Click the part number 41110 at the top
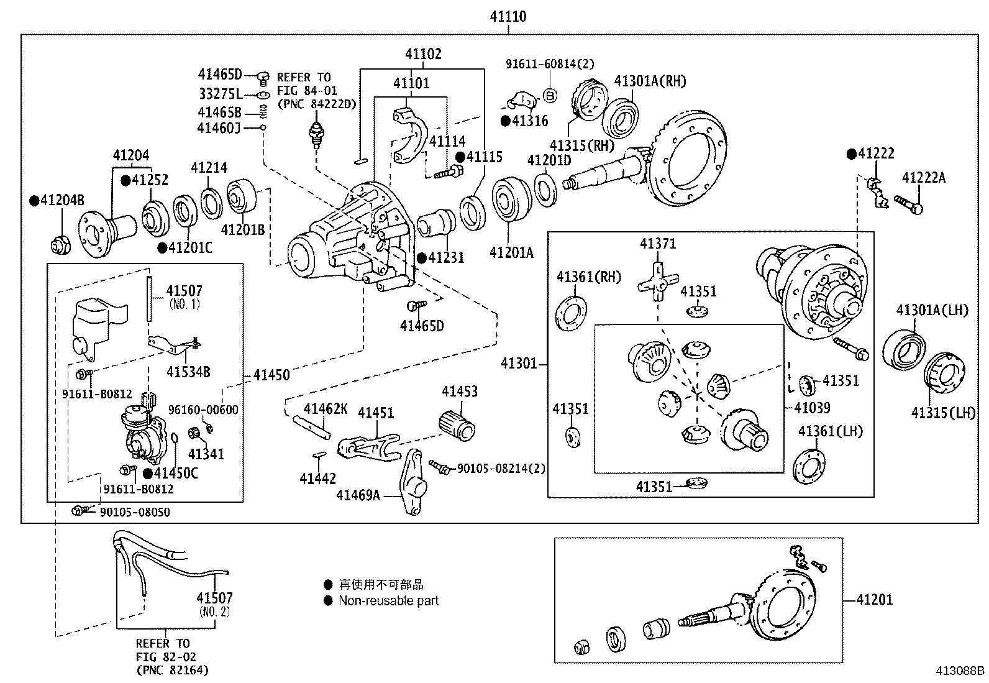508,17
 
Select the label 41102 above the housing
423,54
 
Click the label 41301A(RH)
650,81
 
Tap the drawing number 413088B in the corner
960,671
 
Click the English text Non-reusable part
388,601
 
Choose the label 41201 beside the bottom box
874,600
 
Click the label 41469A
358,495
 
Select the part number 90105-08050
134,512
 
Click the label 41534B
188,372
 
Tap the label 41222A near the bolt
923,178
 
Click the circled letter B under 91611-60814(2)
550,94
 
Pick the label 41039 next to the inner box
812,408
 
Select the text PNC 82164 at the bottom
172,670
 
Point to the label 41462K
326,408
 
